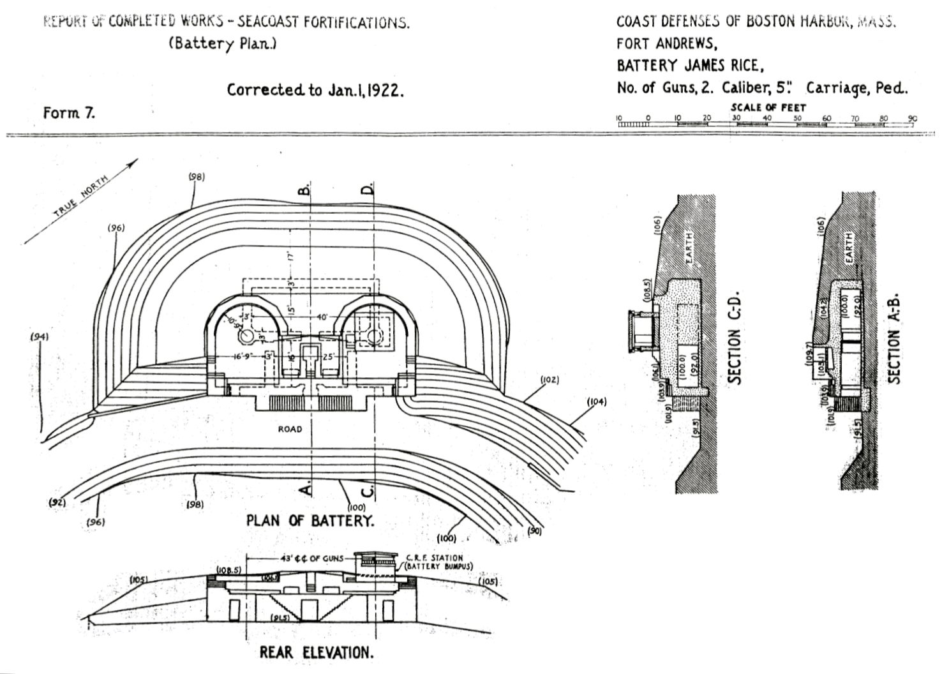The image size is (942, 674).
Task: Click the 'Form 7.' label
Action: click(x=69, y=113)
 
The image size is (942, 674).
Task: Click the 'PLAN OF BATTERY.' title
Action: click(x=310, y=520)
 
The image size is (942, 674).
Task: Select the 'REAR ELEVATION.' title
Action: click(x=316, y=652)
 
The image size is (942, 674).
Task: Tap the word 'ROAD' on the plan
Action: click(x=290, y=429)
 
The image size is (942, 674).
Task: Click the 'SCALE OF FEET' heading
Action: click(x=768, y=107)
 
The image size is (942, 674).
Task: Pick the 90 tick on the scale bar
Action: click(x=912, y=119)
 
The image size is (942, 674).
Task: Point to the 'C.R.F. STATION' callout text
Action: click(x=434, y=558)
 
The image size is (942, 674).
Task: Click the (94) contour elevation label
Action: click(x=40, y=336)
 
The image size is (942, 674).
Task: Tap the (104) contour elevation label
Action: click(x=595, y=401)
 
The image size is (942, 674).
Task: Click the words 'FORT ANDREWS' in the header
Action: click(x=666, y=43)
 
